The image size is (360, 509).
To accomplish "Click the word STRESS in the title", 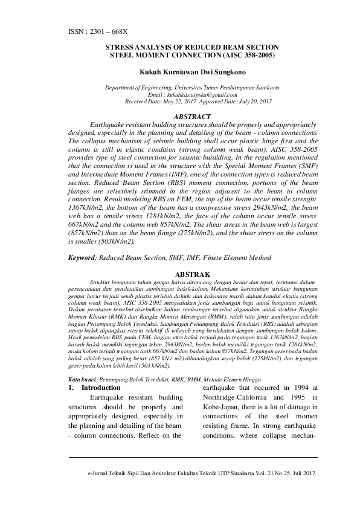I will click(121, 47).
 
